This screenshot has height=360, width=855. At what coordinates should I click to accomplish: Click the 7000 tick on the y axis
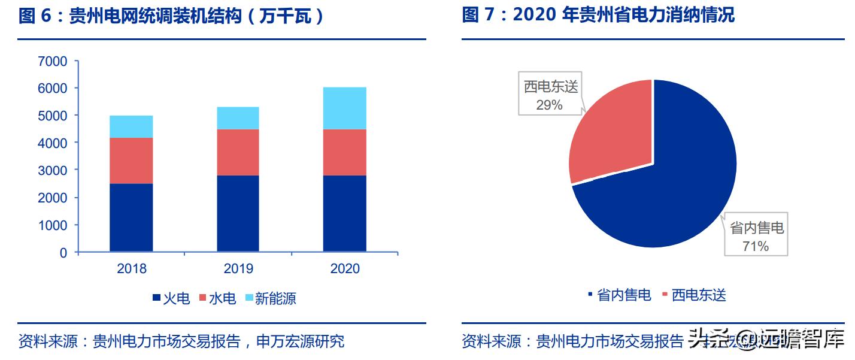coord(53,61)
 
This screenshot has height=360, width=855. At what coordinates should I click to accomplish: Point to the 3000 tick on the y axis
coord(53,170)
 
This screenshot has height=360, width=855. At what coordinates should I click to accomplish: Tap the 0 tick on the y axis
coord(63,253)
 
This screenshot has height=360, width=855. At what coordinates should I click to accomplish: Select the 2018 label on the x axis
coord(131,268)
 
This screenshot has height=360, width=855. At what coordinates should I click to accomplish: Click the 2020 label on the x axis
coord(345,268)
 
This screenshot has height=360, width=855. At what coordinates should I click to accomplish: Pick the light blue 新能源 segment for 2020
coord(345,108)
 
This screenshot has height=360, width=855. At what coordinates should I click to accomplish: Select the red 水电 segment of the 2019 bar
coord(238,152)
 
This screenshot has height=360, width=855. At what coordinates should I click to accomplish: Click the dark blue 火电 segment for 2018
coord(131,217)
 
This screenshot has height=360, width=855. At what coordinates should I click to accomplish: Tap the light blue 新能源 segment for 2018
coord(131,126)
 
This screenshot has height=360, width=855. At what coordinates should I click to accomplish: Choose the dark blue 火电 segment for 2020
coord(345,213)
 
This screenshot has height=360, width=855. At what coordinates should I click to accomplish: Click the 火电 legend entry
coord(171,298)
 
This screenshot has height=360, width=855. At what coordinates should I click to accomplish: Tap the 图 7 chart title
coord(598,14)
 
